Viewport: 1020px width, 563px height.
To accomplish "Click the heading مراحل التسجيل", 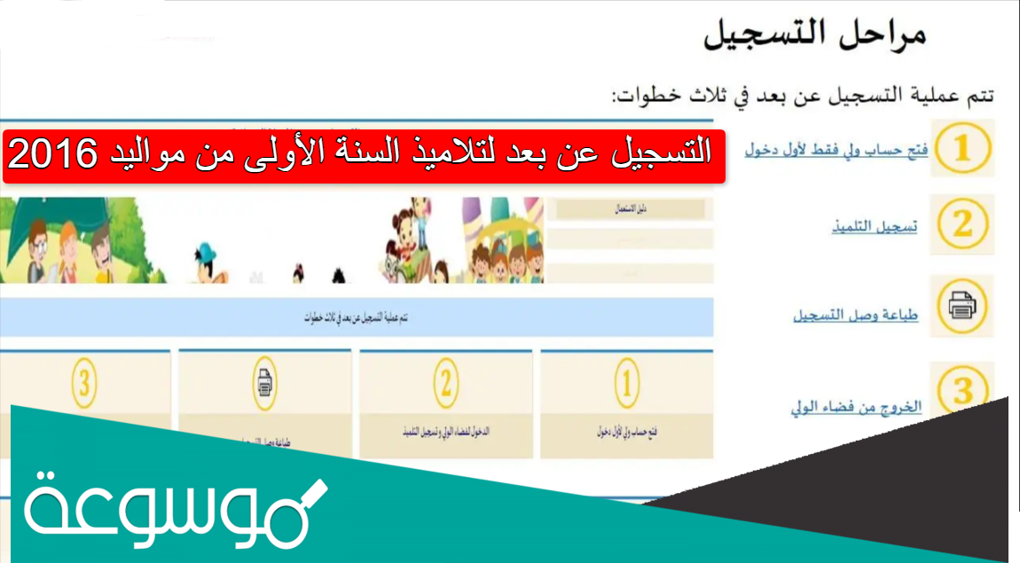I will tap(814, 36).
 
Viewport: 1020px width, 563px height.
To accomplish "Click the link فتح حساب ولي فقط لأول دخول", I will tap(837, 150).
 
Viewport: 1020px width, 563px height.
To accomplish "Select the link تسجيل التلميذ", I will tap(874, 226).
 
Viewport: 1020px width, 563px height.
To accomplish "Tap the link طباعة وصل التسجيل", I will tap(855, 316).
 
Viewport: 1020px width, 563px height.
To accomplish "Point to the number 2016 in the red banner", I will tap(52, 155).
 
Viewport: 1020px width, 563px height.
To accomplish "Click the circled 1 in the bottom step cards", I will tap(626, 384).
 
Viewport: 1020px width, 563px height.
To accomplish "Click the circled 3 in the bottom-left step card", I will tap(85, 384).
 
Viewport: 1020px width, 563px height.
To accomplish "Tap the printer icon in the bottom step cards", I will tap(265, 384).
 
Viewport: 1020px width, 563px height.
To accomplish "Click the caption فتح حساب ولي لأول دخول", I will tap(626, 434).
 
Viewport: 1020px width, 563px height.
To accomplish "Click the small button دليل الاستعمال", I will tap(631, 209).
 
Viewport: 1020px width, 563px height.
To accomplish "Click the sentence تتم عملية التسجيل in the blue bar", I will tap(355, 317).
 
